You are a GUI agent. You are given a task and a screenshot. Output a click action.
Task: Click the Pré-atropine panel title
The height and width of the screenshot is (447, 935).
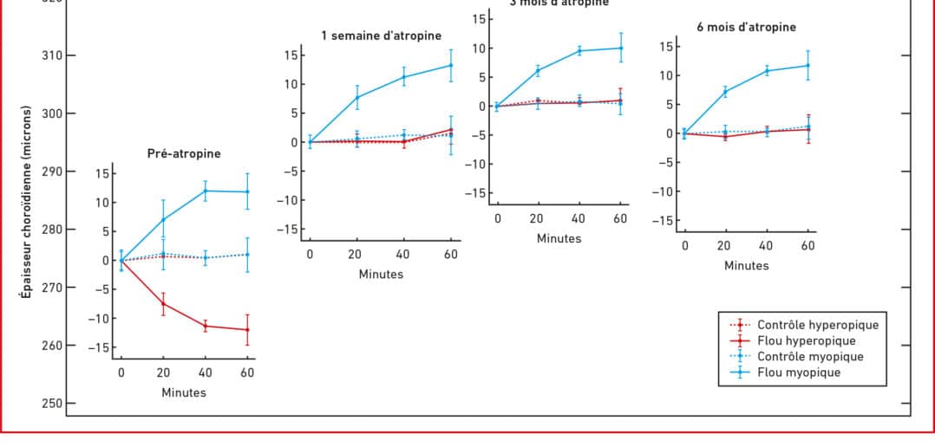(184, 154)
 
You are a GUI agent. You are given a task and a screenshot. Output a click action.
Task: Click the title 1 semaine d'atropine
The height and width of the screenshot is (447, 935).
(381, 36)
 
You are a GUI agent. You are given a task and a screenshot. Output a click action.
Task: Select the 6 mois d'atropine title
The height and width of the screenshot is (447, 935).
(746, 27)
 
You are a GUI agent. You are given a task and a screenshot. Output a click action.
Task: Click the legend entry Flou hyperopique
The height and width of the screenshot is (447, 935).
(806, 340)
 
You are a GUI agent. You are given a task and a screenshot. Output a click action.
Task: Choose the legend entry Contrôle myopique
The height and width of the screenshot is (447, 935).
(810, 357)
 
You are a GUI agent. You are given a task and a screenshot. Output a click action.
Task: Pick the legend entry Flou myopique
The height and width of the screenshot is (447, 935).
(799, 372)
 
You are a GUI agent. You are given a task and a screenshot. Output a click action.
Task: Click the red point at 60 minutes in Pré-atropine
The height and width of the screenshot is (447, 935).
(247, 330)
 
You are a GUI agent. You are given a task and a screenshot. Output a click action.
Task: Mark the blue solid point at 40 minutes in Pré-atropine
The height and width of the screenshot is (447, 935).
(205, 191)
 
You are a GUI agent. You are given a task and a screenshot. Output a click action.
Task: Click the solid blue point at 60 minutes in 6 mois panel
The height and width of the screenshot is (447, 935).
(808, 65)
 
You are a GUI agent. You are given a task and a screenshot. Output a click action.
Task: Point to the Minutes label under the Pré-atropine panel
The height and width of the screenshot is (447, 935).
(184, 392)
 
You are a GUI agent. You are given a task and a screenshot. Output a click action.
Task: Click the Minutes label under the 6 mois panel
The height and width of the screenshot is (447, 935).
(746, 265)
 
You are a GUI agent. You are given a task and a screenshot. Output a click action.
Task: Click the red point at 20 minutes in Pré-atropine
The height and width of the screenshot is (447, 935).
(163, 303)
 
